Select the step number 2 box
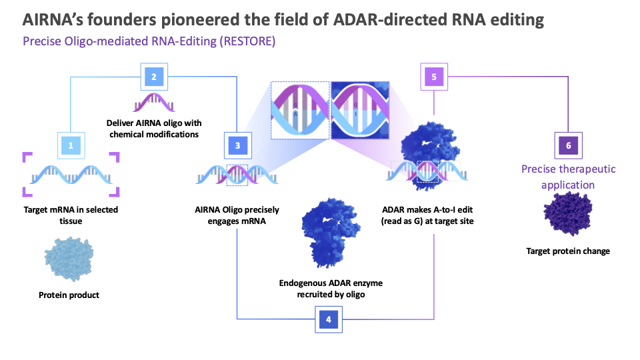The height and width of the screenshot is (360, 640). tap(154, 77)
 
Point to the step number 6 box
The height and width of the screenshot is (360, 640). tap(568, 144)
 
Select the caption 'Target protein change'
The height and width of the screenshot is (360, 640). tap(568, 251)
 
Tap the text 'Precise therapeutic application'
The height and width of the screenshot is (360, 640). tap(568, 177)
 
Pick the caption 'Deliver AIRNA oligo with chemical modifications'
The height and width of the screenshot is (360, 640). tap(154, 129)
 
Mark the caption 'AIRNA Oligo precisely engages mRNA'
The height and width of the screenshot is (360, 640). tap(238, 215)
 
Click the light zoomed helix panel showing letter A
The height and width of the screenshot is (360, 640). tap(300, 110)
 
